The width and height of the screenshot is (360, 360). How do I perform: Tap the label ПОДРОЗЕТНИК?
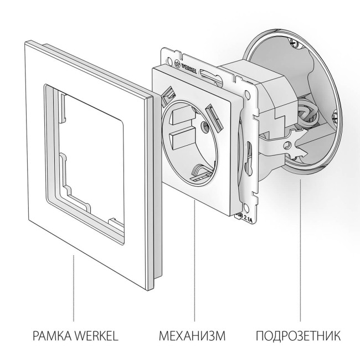298,336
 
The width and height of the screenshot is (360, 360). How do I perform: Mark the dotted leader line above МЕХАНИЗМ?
195,260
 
